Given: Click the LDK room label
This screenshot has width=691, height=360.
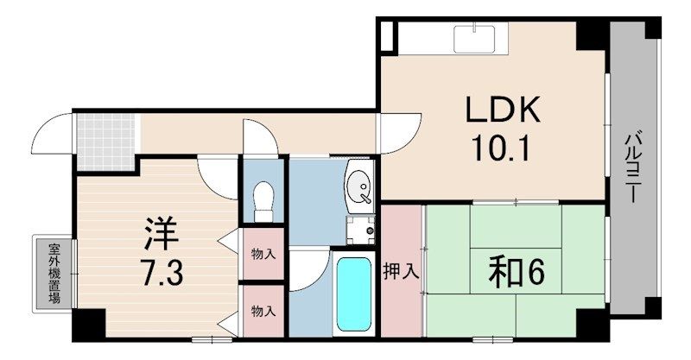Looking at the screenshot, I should (503, 111).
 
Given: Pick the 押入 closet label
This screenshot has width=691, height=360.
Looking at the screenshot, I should (401, 270).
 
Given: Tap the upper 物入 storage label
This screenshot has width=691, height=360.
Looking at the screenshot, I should (263, 254).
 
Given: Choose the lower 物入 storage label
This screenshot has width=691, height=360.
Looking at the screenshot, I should (263, 311).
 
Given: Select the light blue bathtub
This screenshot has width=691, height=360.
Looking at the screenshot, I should (352, 294).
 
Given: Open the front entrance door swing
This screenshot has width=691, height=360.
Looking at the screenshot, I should (54, 134).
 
